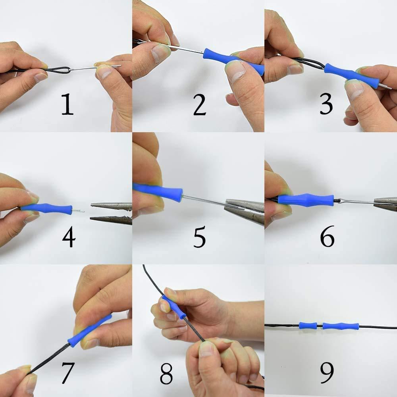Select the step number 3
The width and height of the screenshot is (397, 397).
tap(326, 104)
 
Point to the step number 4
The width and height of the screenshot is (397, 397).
tap(69, 237)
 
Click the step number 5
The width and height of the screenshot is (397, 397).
tap(199, 237)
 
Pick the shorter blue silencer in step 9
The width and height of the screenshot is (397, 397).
tap(308, 326)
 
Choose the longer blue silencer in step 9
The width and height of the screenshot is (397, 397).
tap(341, 326)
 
